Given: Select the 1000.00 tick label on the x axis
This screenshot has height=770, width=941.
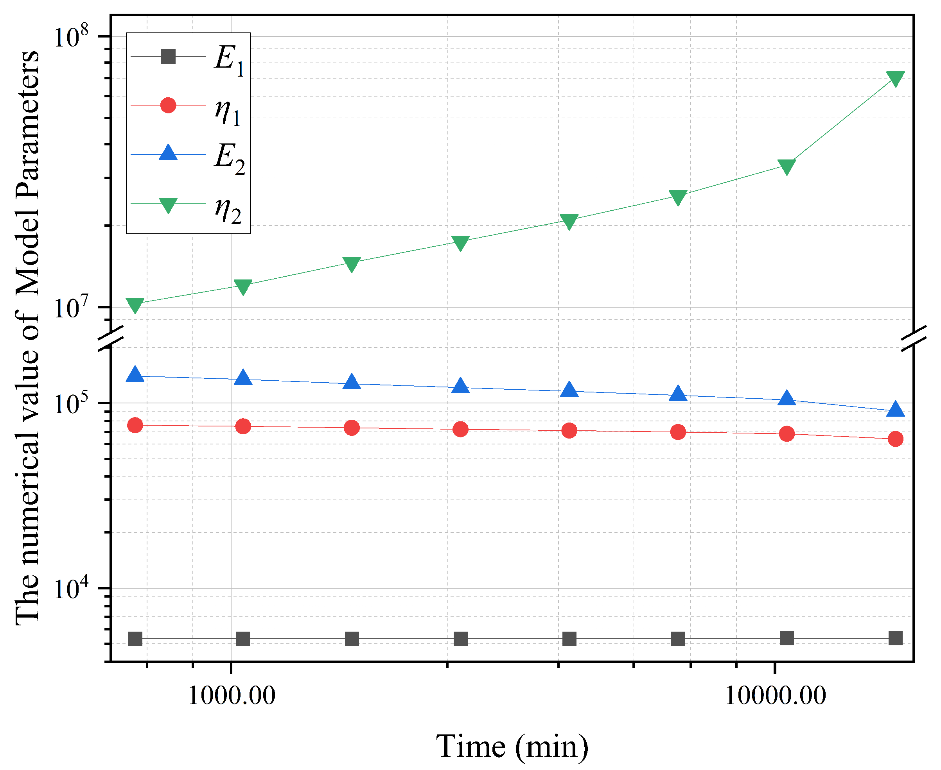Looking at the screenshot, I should pos(231,695).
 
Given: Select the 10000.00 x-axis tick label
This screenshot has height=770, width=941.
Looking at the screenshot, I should pos(775,695).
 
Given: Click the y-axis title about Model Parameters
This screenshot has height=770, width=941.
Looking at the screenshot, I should pos(27,337).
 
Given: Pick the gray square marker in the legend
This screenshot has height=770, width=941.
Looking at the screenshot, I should pos(168,57).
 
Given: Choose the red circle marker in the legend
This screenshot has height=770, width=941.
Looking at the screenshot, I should pos(168,106).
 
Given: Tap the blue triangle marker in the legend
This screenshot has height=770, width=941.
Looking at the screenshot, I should pos(168,153).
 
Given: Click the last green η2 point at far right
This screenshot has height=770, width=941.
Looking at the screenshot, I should pos(895,79).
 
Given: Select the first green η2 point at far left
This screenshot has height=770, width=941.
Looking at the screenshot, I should pos(135,305).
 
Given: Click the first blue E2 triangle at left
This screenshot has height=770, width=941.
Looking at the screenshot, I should pos(135,375).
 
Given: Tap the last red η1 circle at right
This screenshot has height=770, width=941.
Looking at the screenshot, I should pos(895,439).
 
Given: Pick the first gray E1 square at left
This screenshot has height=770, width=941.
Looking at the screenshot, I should pos(135,639).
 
